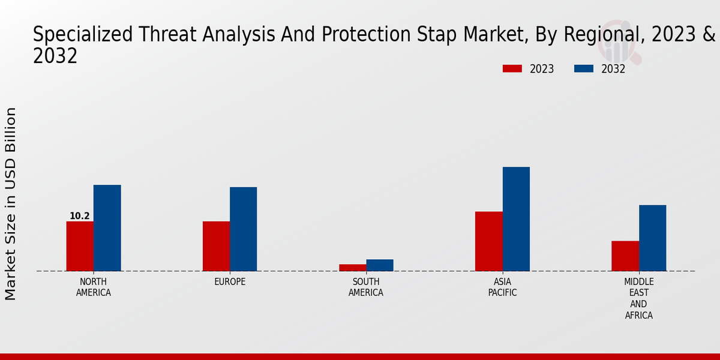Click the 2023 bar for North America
80,246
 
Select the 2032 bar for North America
107,228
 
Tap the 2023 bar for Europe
216,246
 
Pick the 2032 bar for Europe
243,229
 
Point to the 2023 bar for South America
352,268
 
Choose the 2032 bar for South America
380,265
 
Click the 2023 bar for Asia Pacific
489,241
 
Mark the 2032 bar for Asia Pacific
516,219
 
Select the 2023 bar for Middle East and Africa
625,256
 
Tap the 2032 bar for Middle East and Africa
652,238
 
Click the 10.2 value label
80,216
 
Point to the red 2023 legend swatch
512,69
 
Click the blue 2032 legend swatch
584,69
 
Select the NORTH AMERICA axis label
94,287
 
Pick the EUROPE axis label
230,282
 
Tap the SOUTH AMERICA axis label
366,287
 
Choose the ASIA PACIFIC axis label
502,287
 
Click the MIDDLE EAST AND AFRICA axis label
639,298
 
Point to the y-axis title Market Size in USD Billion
11,204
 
